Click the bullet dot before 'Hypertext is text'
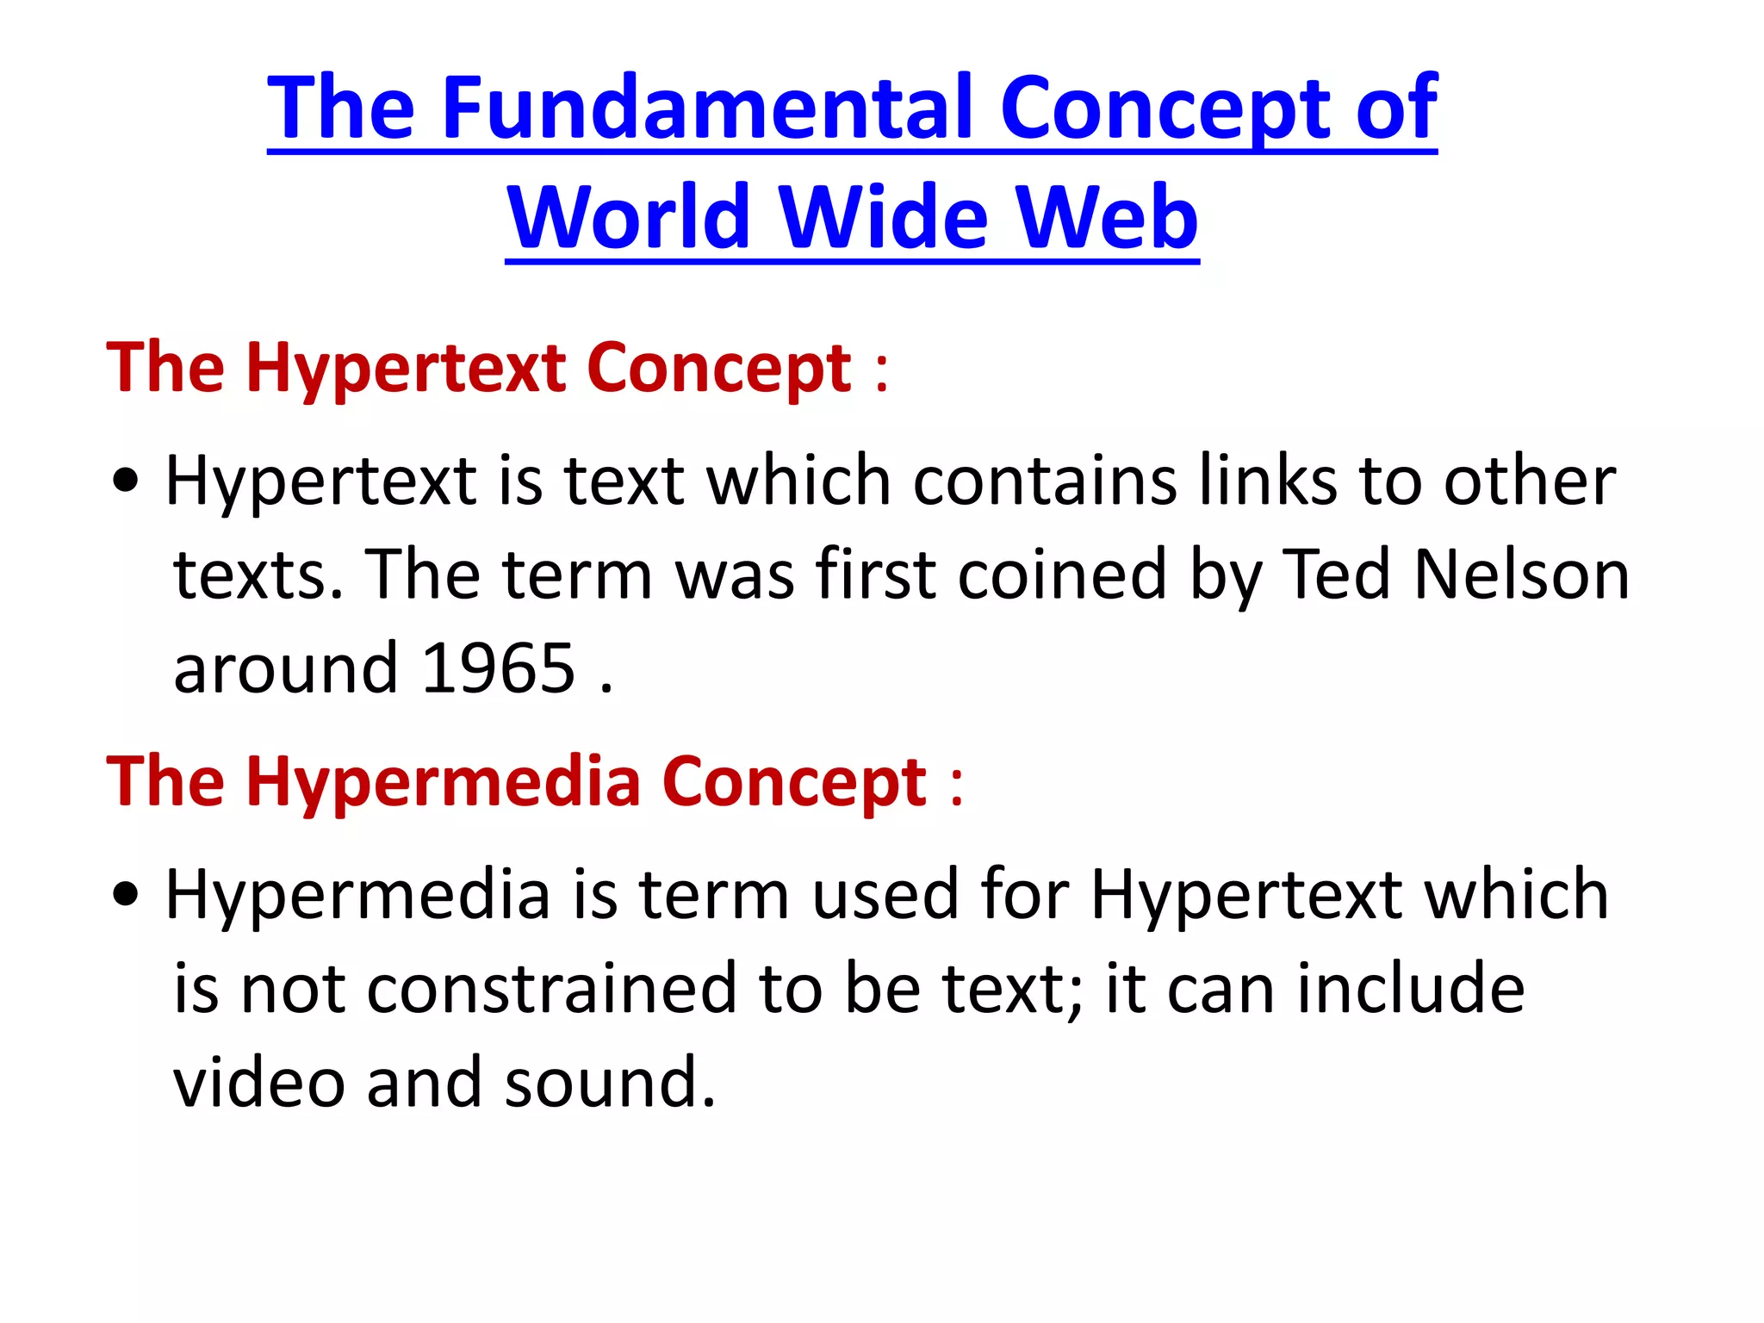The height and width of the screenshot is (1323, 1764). [x=126, y=482]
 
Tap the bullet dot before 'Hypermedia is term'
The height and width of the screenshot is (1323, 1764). [x=126, y=896]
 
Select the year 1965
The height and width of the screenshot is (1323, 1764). [x=499, y=668]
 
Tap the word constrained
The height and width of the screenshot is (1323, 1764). [x=551, y=989]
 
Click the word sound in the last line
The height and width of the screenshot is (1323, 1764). [x=610, y=1083]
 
